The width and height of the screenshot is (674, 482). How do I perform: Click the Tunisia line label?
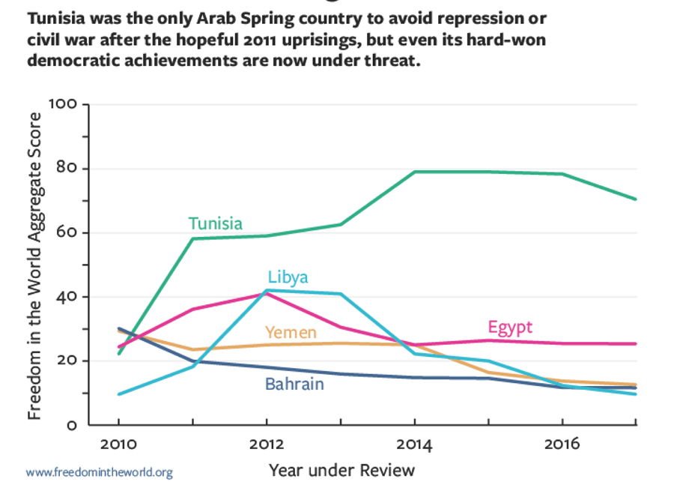pos(215,223)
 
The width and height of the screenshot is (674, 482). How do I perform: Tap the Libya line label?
pos(288,277)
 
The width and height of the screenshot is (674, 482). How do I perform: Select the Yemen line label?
pos(291,332)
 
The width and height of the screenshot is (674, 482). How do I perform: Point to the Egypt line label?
pos(510,327)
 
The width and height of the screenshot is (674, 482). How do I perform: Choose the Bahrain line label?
pos(294,385)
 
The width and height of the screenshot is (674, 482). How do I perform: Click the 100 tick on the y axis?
pos(63,103)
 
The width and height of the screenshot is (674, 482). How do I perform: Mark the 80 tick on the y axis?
pos(67,168)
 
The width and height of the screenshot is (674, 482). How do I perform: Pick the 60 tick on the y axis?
pos(67,232)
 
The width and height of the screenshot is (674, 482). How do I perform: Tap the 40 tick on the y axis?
pos(67,297)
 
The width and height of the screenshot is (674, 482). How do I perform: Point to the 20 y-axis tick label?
pos(67,361)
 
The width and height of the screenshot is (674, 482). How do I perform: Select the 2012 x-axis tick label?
pos(265,445)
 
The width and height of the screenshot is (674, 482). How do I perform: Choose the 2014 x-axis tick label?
pos(414,445)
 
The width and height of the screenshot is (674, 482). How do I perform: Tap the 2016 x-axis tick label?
pos(562,445)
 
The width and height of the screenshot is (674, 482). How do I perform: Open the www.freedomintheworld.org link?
pos(99,472)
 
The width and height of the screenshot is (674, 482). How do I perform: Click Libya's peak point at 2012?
pos(266,290)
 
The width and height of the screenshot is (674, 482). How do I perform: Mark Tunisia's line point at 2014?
pos(414,172)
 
